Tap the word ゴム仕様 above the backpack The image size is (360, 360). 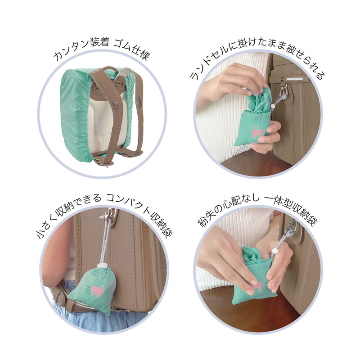click(x=131, y=49)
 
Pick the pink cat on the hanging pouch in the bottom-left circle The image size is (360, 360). click(x=97, y=291)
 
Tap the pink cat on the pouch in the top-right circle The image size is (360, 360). click(x=258, y=132)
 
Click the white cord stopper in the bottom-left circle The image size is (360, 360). click(x=103, y=265)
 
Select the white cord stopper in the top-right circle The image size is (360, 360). click(x=273, y=107)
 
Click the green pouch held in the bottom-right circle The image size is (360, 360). click(x=254, y=276)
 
